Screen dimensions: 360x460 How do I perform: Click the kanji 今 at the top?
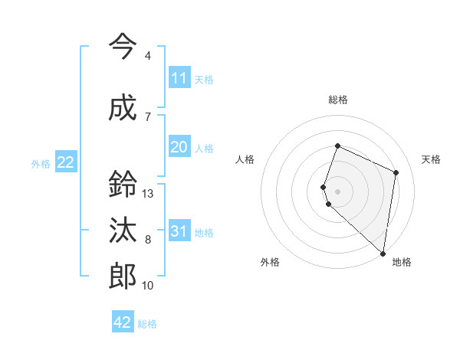point(123,47)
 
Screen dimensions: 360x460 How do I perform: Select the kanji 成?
point(123,108)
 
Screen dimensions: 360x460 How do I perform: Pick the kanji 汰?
point(123,231)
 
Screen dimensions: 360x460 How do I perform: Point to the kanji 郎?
point(123,277)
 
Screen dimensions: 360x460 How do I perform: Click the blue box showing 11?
point(179,78)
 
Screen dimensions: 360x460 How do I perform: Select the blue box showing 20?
point(179,147)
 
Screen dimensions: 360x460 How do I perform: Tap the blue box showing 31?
point(179,231)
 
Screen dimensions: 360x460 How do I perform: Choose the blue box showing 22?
point(65,162)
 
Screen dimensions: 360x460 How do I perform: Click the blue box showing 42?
point(123,322)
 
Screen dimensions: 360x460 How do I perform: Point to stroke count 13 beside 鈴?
point(148,194)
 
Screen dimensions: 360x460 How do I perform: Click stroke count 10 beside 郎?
point(148,286)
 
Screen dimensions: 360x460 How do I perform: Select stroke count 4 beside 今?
point(148,56)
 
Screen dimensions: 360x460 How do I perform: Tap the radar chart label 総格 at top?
point(338,100)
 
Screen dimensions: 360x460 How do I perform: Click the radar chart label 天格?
point(431,159)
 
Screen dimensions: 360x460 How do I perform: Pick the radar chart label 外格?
point(270,263)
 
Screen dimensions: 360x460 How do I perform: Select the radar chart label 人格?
point(245,159)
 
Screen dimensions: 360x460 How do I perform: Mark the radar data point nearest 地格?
point(383,254)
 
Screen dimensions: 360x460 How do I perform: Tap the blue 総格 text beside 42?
point(147,324)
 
